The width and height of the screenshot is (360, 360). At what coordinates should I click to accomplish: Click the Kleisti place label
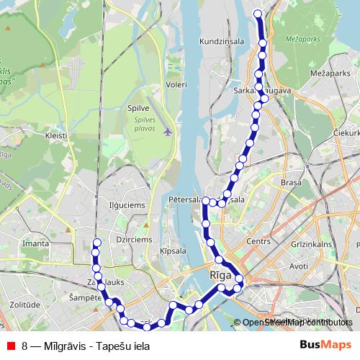[x=55, y=135]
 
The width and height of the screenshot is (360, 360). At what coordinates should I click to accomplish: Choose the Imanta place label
[x=35, y=243]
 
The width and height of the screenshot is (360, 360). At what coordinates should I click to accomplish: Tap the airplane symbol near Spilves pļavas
[x=168, y=132]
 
